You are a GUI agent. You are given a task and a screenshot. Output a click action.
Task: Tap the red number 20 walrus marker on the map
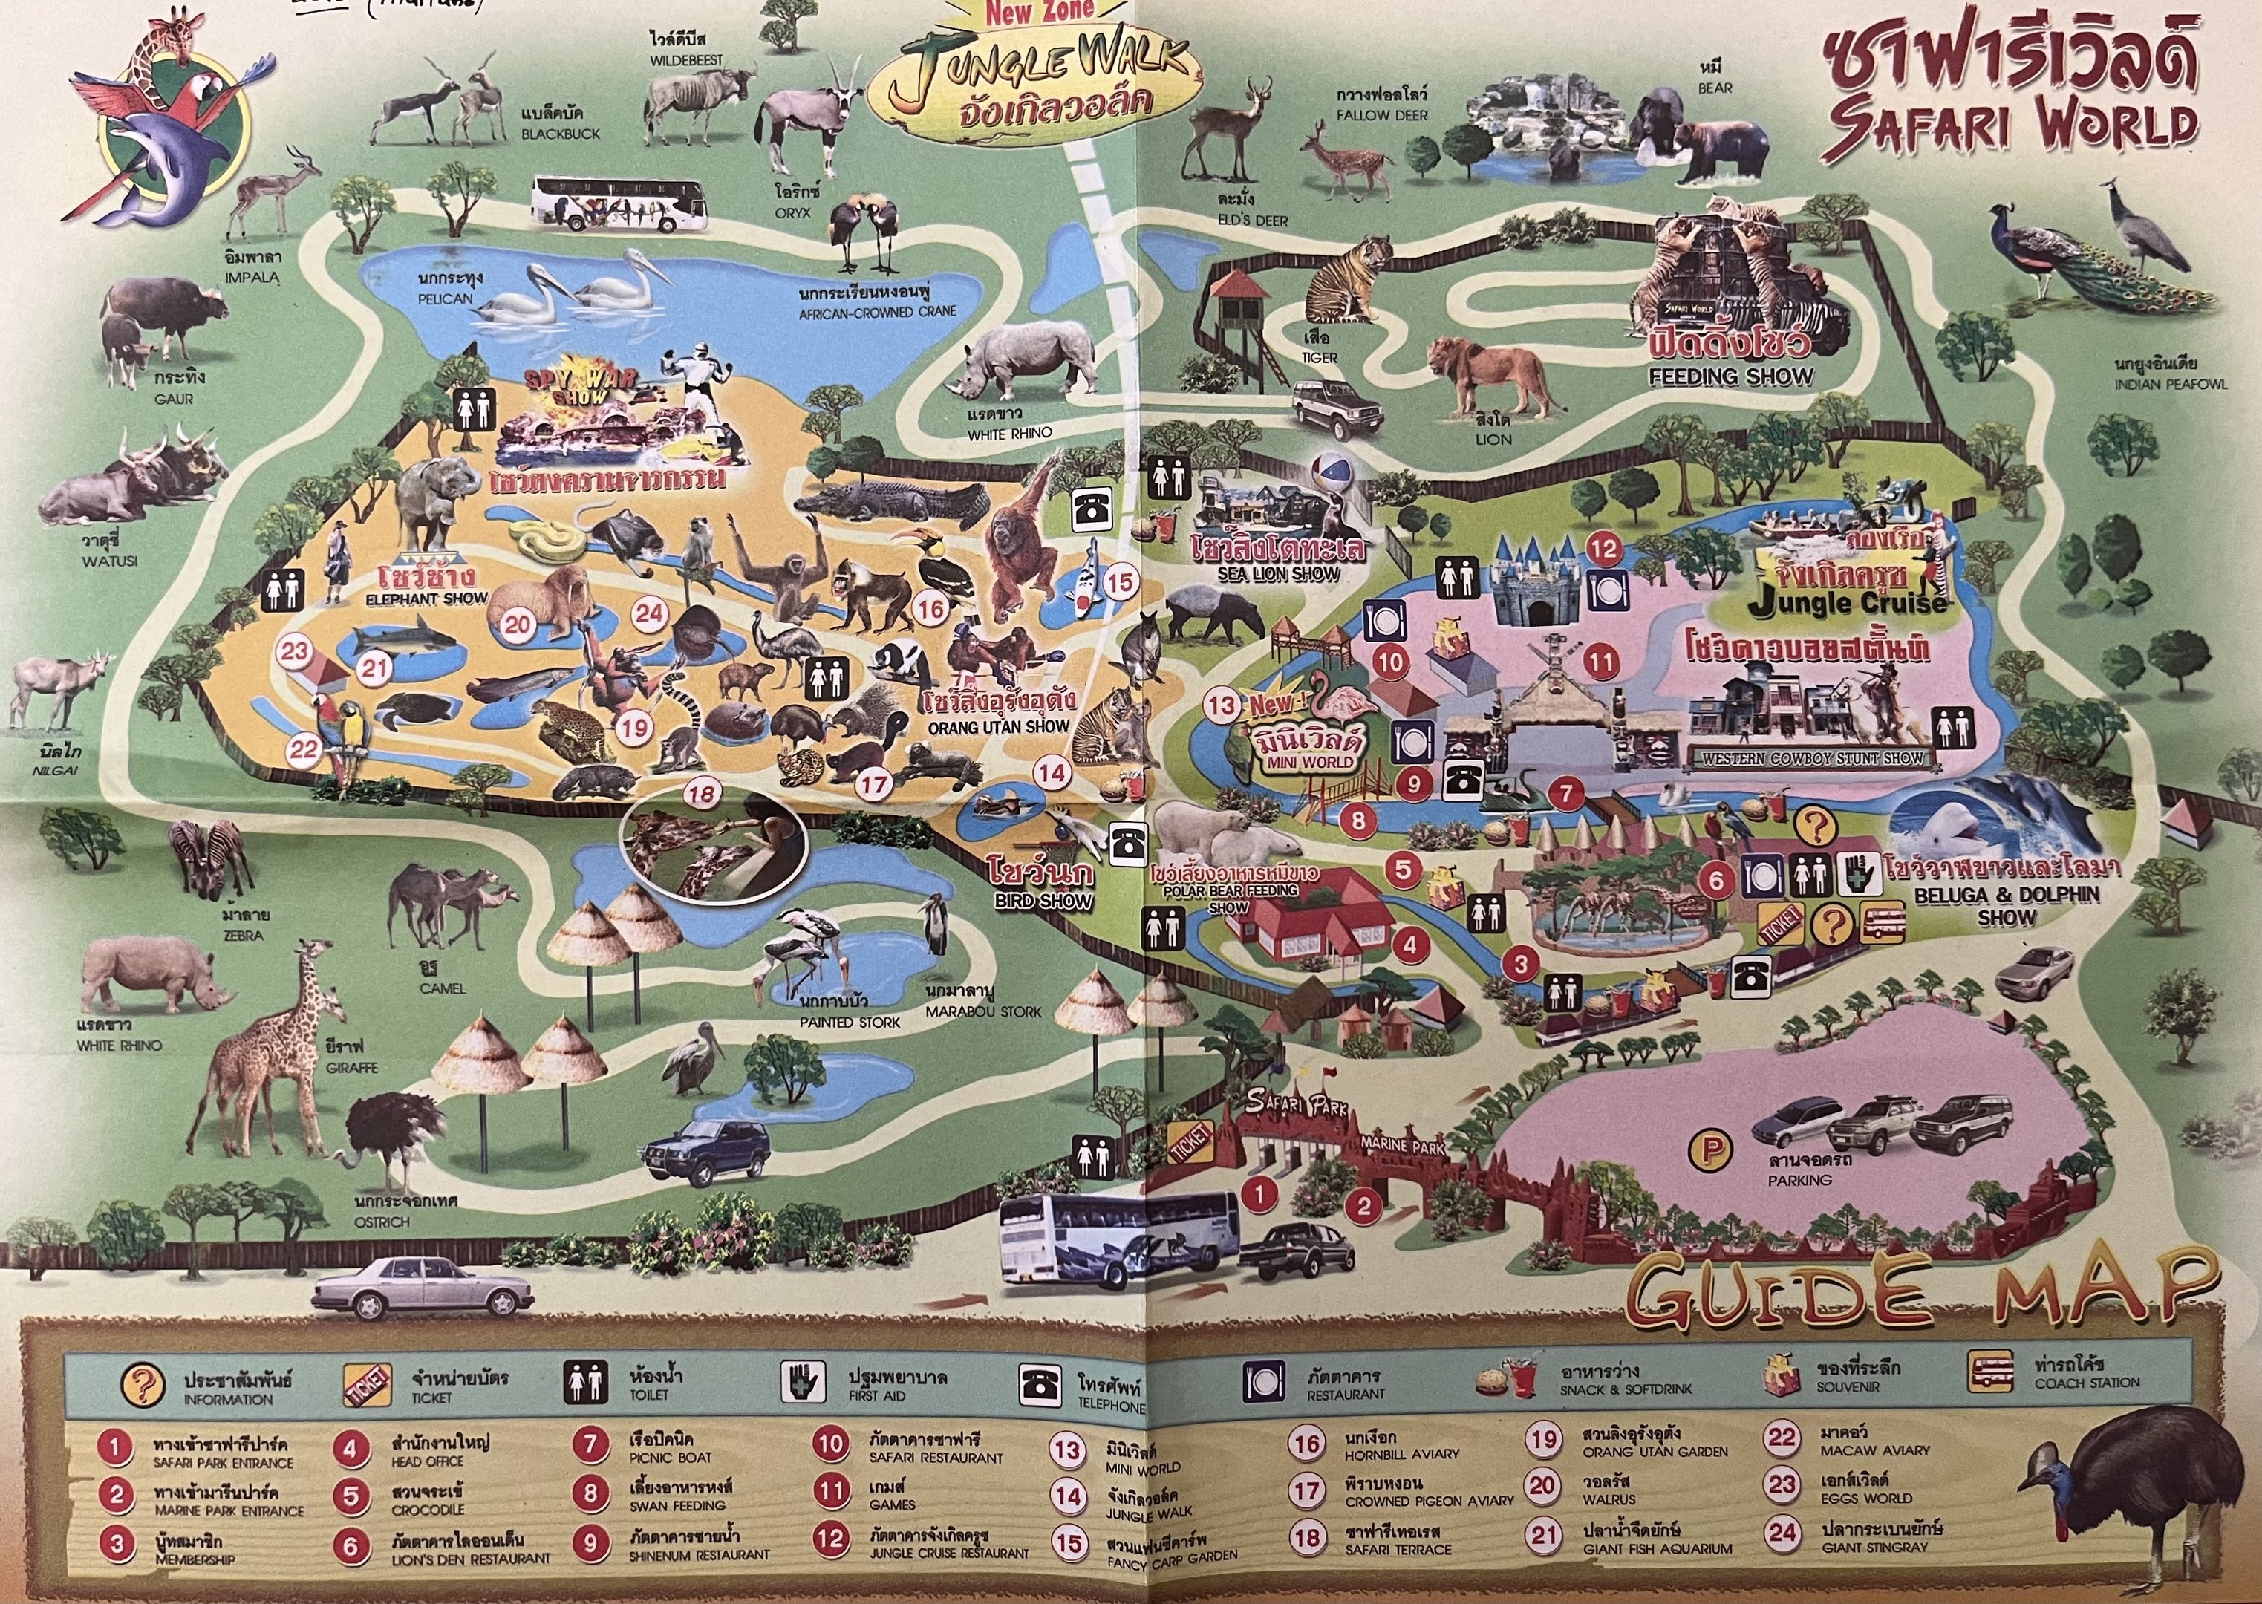coord(518,625)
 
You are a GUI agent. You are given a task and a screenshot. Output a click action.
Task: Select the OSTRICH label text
coord(381,1221)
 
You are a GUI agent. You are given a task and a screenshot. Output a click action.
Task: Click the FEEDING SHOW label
coord(1730,376)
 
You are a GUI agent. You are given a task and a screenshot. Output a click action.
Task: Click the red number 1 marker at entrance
coord(1259,1194)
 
